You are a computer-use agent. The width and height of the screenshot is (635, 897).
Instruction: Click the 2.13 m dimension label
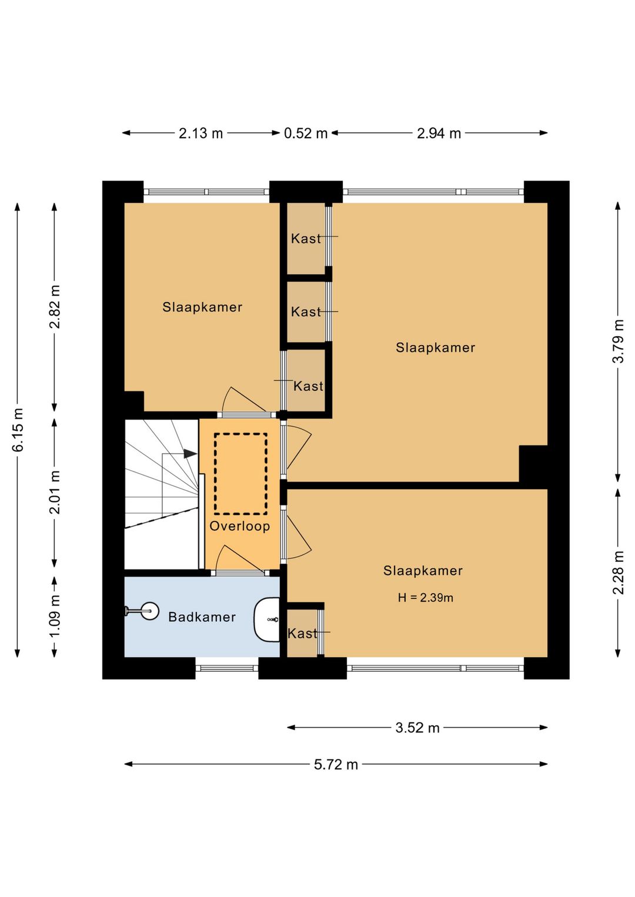point(200,133)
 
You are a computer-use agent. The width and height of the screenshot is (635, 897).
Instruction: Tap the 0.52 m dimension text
point(306,133)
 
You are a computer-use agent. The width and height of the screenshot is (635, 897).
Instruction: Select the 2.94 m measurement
point(439,133)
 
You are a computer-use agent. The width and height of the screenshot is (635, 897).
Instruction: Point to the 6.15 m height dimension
point(18,430)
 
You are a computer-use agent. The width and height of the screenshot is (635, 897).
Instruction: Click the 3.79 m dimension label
point(618,341)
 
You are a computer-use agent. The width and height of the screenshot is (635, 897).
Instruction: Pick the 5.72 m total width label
point(336,765)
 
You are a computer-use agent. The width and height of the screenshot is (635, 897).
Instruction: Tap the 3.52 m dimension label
point(417,728)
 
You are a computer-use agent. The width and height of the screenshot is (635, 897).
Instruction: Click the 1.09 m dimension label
point(55,617)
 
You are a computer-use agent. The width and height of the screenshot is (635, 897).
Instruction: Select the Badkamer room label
point(202,617)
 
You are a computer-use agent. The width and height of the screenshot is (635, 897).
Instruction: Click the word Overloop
point(240,526)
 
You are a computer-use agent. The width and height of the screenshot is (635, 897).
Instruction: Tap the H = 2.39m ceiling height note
point(426,598)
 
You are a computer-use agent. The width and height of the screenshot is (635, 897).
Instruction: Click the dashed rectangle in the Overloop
point(241,434)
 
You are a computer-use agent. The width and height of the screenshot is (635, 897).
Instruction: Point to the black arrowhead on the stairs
point(190,454)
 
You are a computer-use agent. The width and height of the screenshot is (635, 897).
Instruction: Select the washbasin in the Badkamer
point(267,620)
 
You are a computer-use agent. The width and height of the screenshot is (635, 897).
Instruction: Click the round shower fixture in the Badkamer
point(150,611)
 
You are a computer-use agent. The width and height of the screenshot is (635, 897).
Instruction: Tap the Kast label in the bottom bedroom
point(302,634)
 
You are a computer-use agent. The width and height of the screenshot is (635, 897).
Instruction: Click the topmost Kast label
point(306,239)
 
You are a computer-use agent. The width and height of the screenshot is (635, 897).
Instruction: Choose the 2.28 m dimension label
point(618,573)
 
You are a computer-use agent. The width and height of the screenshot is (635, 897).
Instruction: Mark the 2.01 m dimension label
point(55,492)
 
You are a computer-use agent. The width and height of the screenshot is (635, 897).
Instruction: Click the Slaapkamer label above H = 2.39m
point(423,571)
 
